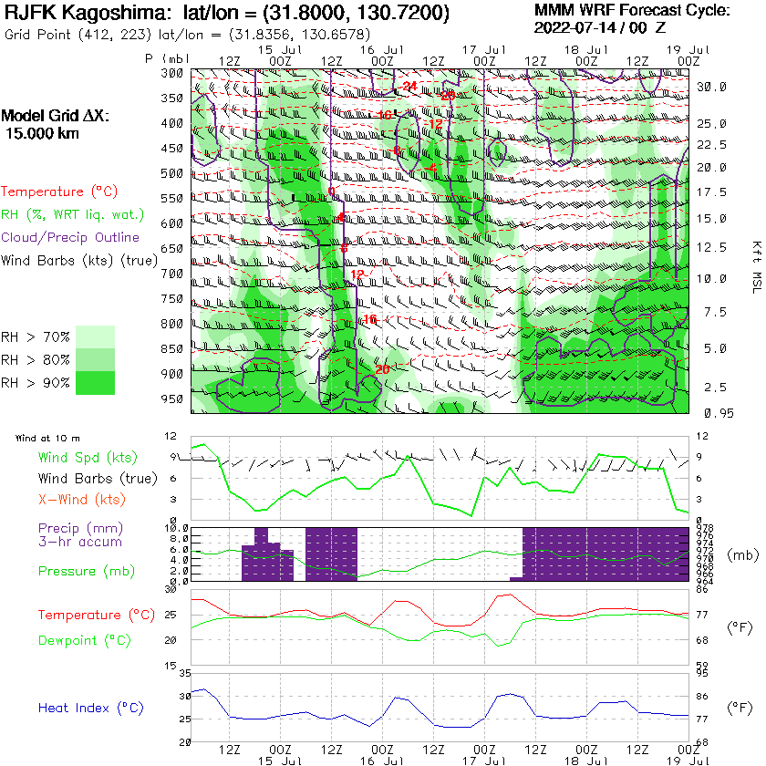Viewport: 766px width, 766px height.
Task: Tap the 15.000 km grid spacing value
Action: tap(43, 133)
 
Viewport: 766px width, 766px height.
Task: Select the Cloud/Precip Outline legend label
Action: tap(70, 237)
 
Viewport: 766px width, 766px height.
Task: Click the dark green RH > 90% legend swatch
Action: tap(95, 382)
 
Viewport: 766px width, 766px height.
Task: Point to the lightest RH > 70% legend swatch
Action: tap(95, 336)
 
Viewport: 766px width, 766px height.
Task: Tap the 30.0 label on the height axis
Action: tap(711, 87)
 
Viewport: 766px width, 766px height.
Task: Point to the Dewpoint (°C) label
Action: tap(84, 640)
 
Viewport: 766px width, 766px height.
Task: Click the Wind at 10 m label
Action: tap(47, 439)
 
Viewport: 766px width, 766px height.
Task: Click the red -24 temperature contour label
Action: tap(409, 87)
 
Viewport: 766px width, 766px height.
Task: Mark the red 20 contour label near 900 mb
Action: tap(381, 369)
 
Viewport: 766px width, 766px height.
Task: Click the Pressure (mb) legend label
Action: tap(83, 571)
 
